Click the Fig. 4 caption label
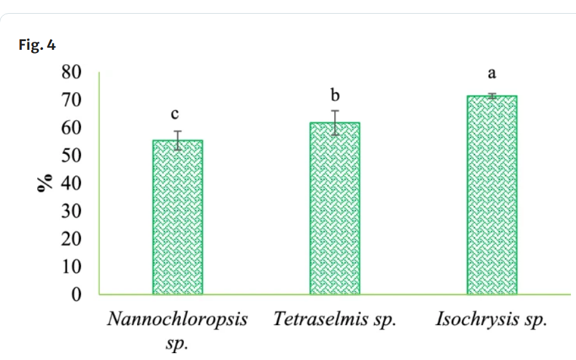38,45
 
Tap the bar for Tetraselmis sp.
335,208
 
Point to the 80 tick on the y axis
72,72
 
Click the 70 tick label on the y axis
72,100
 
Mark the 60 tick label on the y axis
72,128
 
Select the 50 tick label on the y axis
72,156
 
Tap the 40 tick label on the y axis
72,183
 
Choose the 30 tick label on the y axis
72,211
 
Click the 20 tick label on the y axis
72,239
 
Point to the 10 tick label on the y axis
72,267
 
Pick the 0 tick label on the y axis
77,294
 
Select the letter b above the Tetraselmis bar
335,95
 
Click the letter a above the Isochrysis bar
491,73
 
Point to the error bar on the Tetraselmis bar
335,122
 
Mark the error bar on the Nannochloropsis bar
178,140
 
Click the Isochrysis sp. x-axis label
491,320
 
